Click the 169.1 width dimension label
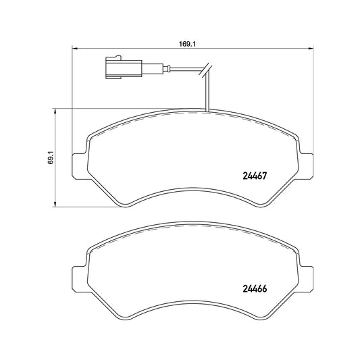[187, 44]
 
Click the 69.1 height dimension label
[51, 157]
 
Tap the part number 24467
[255, 176]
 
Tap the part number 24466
[255, 289]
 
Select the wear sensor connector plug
[124, 67]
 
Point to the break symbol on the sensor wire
[206, 70]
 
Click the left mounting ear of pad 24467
[80, 166]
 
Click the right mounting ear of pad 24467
[306, 166]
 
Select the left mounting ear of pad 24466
[80, 279]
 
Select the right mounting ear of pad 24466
[306, 279]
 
